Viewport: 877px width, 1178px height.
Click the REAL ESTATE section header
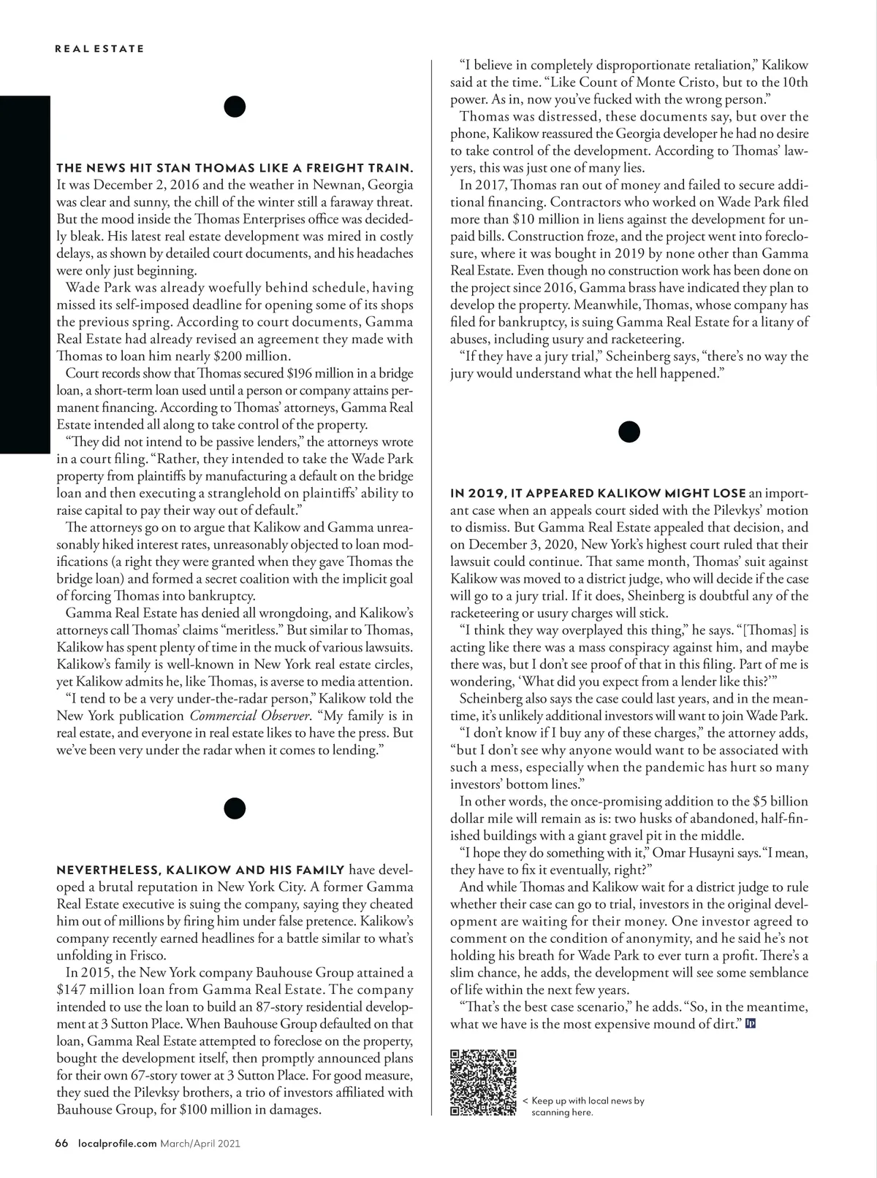(x=99, y=49)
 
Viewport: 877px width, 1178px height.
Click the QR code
(x=483, y=1082)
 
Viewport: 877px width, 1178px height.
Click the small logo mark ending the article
(x=750, y=1024)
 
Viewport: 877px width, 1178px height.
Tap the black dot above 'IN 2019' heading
(x=629, y=432)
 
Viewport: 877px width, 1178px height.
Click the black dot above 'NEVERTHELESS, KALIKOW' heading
(x=235, y=808)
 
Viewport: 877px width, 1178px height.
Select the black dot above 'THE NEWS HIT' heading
(x=235, y=107)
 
